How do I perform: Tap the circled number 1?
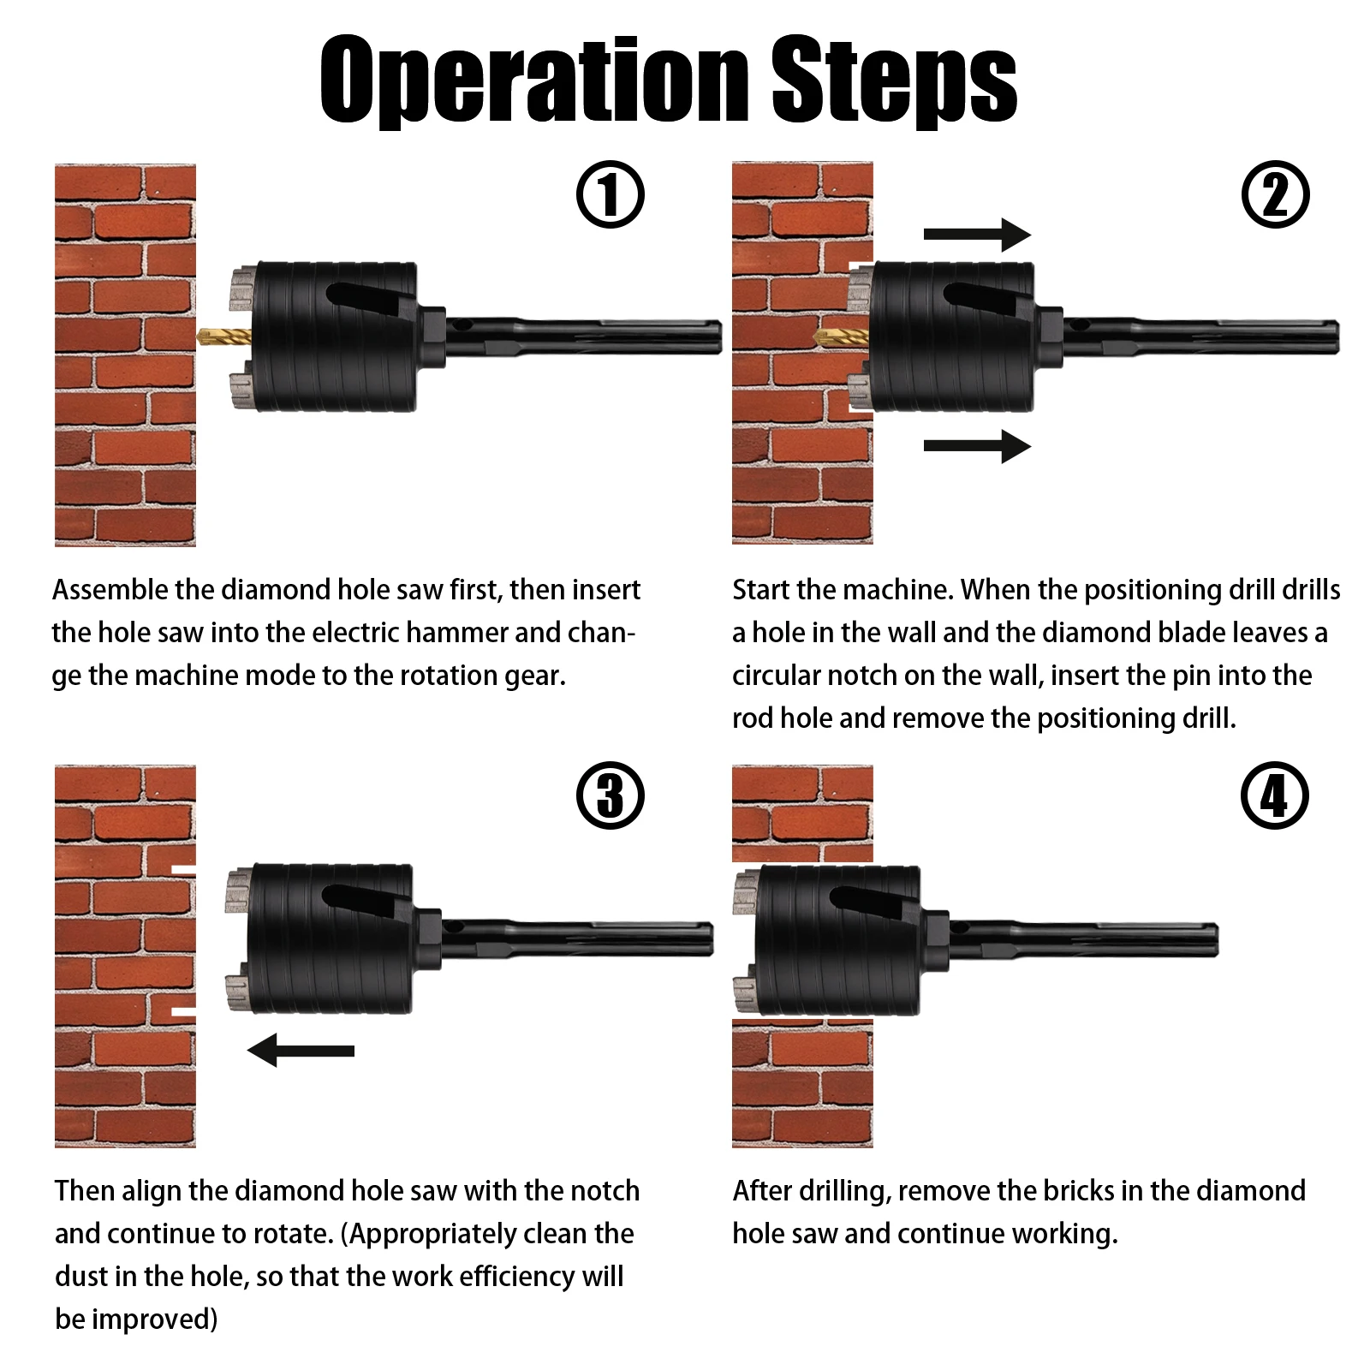pos(610,194)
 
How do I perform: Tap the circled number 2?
pos(1275,194)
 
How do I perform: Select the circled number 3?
pos(610,795)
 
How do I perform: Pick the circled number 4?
pos(1275,795)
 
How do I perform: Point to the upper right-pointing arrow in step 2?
pos(977,234)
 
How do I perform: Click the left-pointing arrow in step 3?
pos(301,1050)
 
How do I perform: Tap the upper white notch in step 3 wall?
pos(183,871)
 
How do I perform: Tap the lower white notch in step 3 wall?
pos(183,1012)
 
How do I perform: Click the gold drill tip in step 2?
pos(839,337)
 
